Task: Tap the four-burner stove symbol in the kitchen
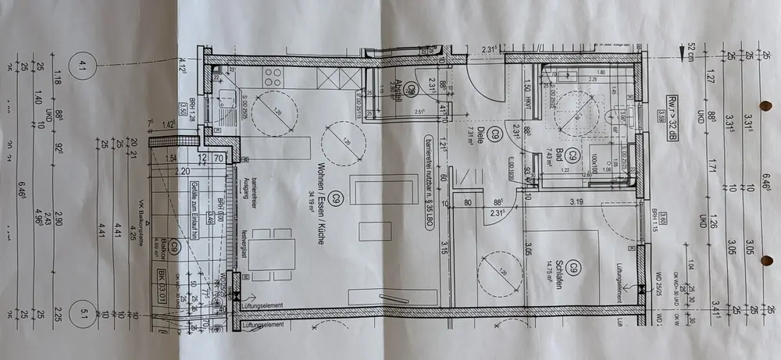point(273,77)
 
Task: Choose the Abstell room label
point(398,88)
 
